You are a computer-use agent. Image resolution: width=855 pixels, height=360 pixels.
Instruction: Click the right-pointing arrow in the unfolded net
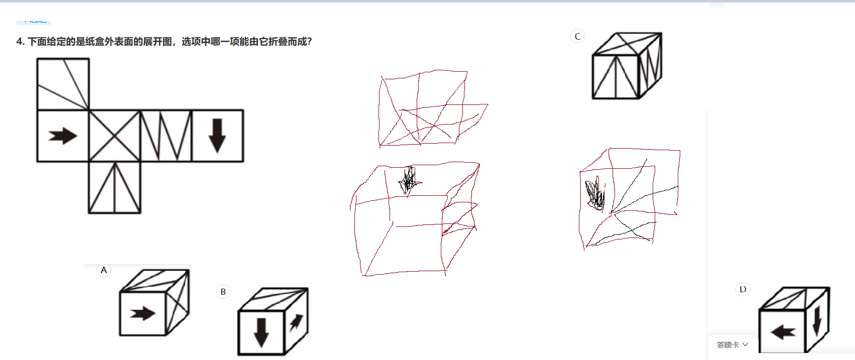[x=63, y=136]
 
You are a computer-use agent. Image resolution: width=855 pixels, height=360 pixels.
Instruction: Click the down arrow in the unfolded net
[x=217, y=136]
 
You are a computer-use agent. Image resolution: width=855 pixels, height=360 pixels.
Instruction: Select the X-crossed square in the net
[x=114, y=136]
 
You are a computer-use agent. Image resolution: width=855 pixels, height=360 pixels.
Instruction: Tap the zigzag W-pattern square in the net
[x=166, y=136]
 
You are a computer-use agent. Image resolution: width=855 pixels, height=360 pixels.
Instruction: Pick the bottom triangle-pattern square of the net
[x=114, y=187]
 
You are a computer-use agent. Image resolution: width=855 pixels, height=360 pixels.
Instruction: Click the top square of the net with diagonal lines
[x=63, y=84]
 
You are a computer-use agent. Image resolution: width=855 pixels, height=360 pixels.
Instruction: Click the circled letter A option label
[x=104, y=270]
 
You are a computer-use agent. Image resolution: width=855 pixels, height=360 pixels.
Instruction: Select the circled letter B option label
[x=223, y=292]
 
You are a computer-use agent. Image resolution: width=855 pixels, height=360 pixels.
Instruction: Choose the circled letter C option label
[x=577, y=36]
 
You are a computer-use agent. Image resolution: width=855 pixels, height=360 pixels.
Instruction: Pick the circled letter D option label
[x=743, y=289]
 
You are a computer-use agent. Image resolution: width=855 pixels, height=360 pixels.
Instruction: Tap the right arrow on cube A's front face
[x=143, y=314]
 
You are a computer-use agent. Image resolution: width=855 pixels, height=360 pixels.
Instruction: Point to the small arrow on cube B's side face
[x=296, y=322]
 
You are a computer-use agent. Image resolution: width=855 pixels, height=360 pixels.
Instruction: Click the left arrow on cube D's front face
[x=783, y=332]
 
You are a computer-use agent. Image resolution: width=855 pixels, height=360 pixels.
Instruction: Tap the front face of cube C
[x=616, y=77]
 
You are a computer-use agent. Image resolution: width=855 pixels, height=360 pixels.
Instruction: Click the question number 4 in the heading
[x=20, y=42]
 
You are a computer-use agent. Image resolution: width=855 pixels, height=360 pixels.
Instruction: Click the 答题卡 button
[x=732, y=345]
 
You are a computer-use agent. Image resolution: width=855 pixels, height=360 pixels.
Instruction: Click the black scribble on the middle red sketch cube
[x=409, y=181]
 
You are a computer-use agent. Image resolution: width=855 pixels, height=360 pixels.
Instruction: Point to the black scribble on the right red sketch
[x=595, y=194]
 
